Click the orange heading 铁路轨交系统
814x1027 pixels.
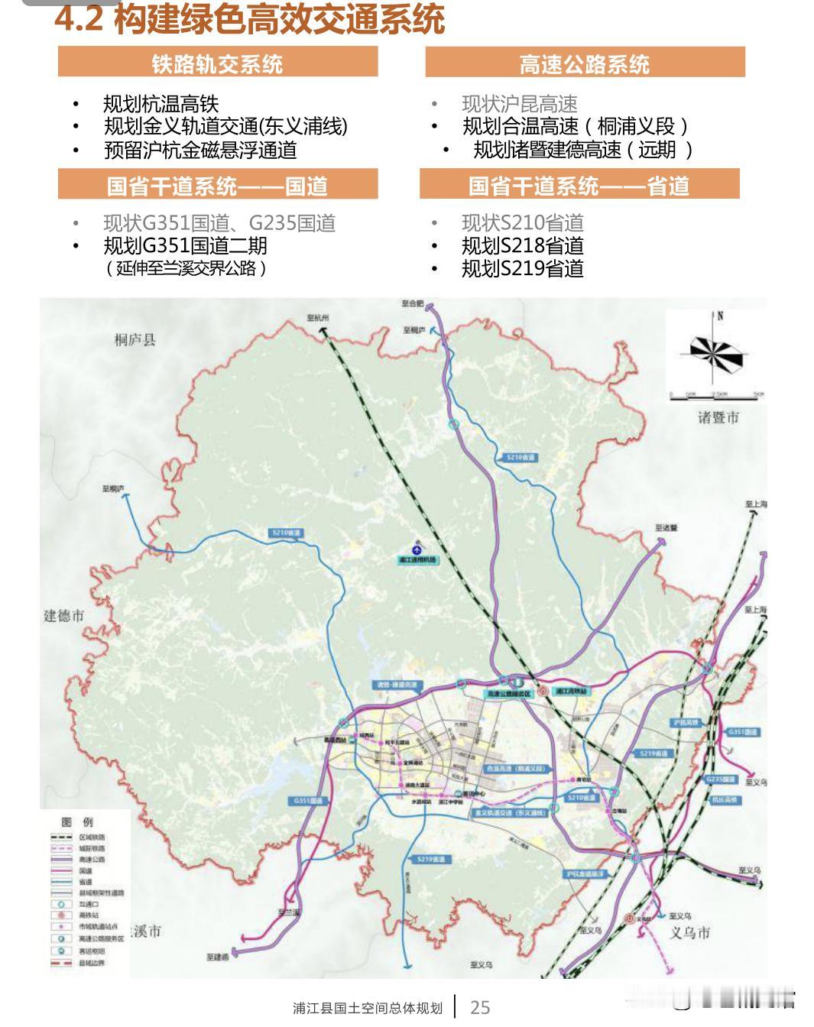click(217, 63)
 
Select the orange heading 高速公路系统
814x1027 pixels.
click(585, 64)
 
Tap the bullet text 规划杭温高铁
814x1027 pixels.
click(161, 104)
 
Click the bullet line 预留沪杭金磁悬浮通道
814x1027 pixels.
click(200, 150)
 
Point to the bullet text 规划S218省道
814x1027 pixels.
click(523, 245)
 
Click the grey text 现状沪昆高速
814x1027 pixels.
click(520, 104)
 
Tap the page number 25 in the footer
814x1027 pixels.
click(480, 1007)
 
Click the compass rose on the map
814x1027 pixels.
click(716, 352)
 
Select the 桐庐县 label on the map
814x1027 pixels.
click(135, 340)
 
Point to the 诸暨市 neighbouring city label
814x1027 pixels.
click(718, 417)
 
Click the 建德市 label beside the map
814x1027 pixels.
click(63, 616)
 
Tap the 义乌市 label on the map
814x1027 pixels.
click(690, 932)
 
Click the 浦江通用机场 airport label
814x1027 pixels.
click(417, 560)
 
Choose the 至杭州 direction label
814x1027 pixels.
click(316, 318)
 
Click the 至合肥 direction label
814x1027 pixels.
click(411, 303)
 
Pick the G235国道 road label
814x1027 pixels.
click(721, 779)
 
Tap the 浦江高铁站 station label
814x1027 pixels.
click(572, 691)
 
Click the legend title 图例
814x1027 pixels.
click(77, 822)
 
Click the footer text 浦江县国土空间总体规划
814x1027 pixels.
click(368, 1008)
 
